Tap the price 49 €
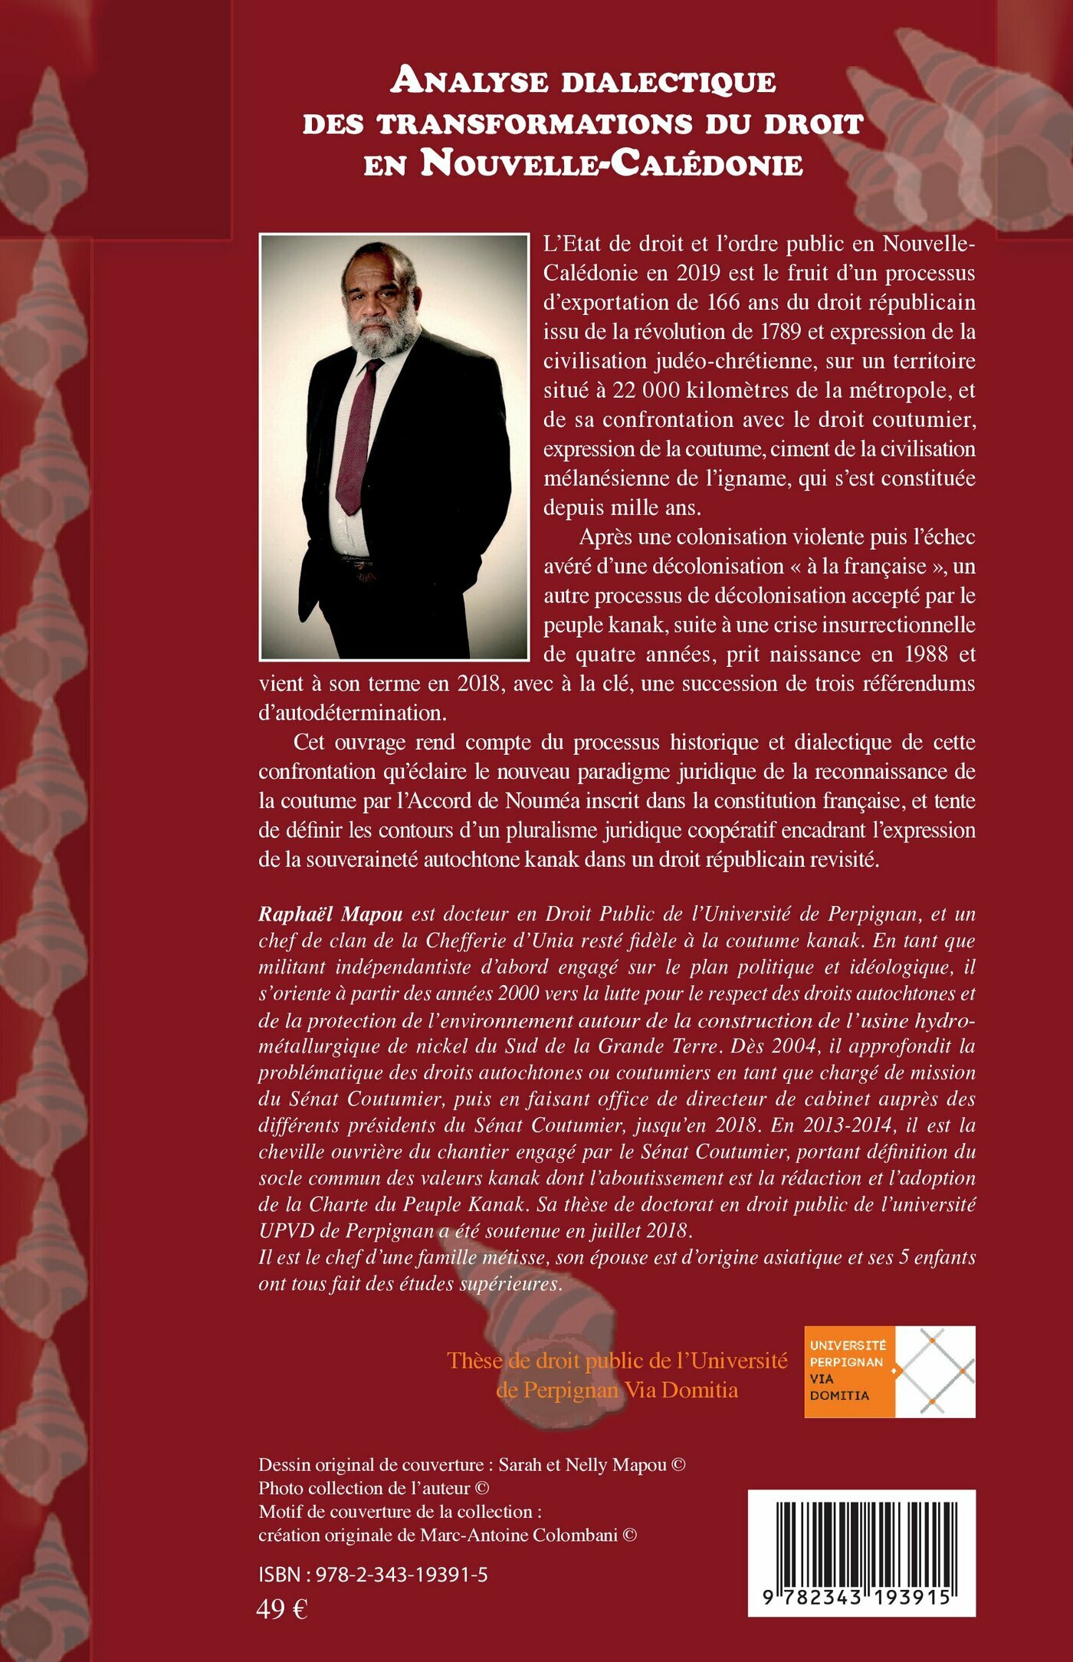coord(281,1609)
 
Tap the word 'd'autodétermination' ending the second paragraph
coord(352,712)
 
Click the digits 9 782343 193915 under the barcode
coord(861,1598)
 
